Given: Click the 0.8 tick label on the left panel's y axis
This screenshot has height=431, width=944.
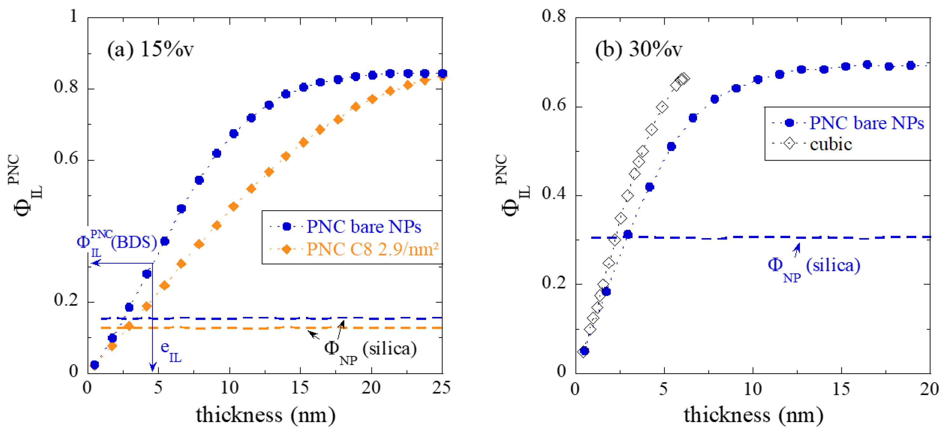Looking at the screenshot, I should (66, 87).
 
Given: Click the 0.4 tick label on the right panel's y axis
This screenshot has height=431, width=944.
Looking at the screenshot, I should (554, 194).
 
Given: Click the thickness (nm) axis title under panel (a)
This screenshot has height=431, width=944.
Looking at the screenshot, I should (265, 415).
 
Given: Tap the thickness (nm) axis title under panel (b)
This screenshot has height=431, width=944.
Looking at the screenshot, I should (753, 415).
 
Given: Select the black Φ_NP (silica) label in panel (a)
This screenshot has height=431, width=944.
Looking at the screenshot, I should (370, 350).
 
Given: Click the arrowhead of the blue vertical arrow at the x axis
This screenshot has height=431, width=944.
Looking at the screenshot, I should (153, 368).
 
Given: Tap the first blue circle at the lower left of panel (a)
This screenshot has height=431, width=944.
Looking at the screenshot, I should (95, 365).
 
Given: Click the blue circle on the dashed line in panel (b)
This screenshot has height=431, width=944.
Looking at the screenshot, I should (628, 235).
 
